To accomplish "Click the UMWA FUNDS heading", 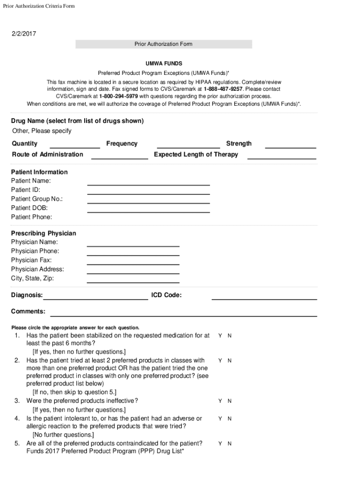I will (163, 63).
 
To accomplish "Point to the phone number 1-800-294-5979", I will (118, 96).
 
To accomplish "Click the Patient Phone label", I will (32, 217).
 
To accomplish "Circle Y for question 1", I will (220, 336).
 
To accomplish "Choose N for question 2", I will (230, 361).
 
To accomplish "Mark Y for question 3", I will (220, 401).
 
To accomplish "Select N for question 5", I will (230, 443).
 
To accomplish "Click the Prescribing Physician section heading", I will (43, 233).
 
